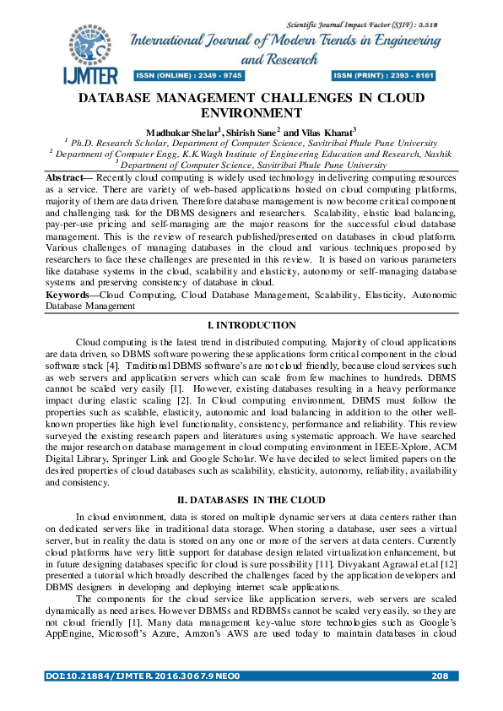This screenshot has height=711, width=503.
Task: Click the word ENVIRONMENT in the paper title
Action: (251, 112)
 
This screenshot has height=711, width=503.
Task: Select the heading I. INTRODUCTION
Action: (251, 325)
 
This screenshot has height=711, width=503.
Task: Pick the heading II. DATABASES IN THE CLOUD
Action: (251, 501)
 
